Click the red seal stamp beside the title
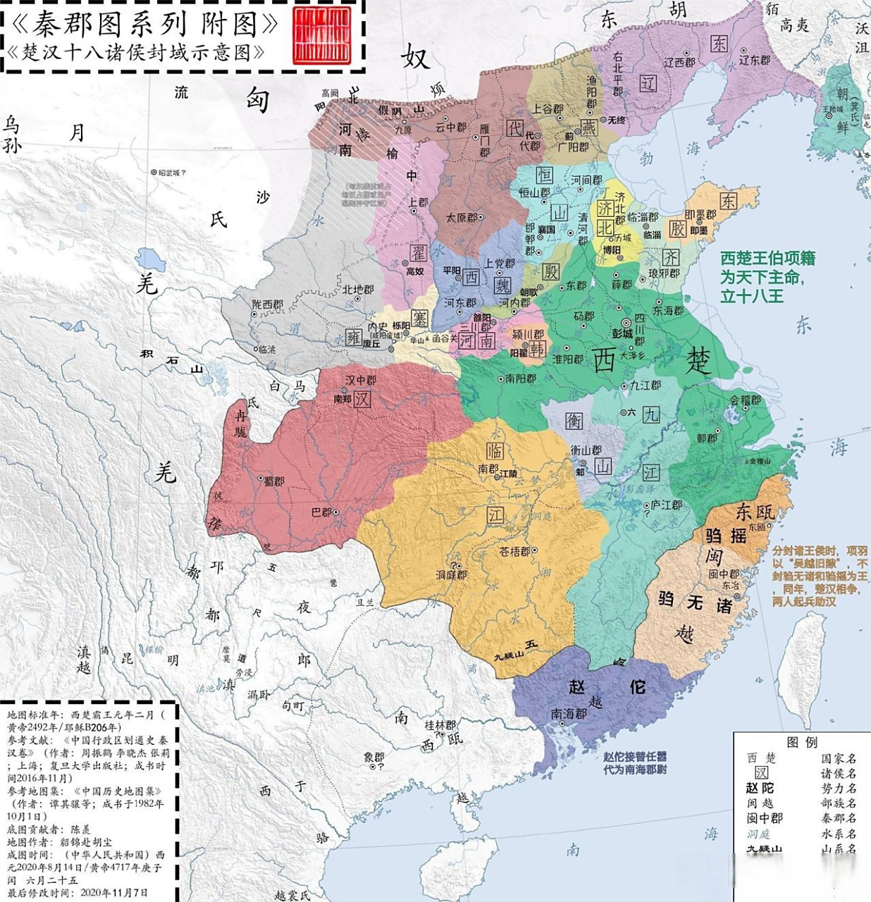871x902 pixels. click(x=321, y=35)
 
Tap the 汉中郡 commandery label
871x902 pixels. click(x=360, y=380)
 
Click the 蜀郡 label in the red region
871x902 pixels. click(x=273, y=481)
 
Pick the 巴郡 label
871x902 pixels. click(x=321, y=512)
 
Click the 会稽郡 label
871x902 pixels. click(x=745, y=400)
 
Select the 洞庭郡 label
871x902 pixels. click(x=451, y=574)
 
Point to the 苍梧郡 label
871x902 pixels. click(x=514, y=551)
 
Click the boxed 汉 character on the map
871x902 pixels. click(x=362, y=399)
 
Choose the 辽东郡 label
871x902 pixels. click(x=754, y=60)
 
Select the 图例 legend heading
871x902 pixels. click(x=802, y=742)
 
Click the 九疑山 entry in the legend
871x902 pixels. click(x=764, y=849)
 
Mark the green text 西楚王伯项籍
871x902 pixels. click(x=767, y=259)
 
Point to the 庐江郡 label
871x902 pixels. click(x=666, y=505)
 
